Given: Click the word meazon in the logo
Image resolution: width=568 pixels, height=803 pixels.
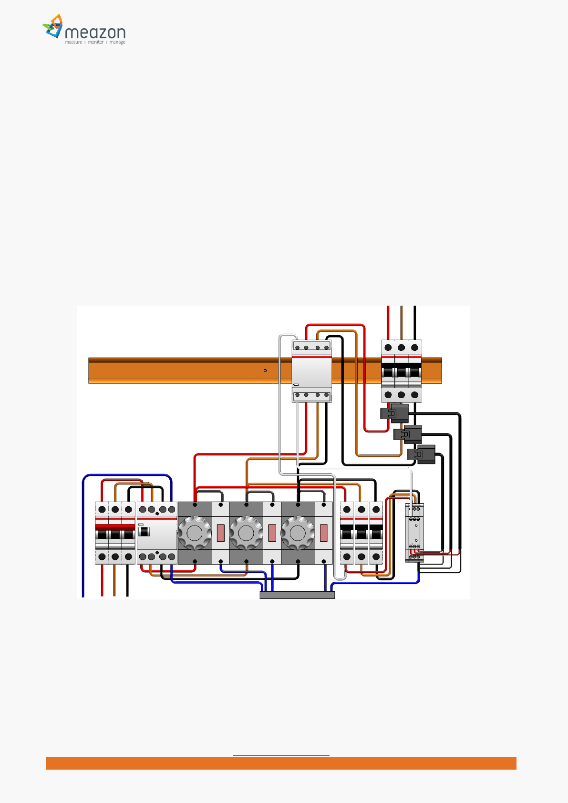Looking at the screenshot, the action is [95, 32].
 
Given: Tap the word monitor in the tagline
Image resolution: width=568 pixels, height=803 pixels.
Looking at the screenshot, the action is [96, 42].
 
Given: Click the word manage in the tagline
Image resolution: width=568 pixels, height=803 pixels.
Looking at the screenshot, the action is [117, 42].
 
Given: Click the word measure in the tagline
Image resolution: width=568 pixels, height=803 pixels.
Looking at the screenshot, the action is [73, 42].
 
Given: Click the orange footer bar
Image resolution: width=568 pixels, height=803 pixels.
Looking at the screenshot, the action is [281, 763].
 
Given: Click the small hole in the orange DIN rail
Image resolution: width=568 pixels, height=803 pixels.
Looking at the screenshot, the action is [265, 371].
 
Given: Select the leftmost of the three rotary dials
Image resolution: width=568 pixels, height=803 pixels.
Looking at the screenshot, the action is [195, 533].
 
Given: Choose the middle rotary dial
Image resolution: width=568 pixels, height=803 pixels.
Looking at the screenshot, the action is [246, 533].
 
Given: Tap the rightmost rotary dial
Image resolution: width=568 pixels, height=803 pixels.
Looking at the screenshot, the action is [298, 533].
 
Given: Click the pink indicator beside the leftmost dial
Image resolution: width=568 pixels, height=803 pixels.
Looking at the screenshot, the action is [221, 533].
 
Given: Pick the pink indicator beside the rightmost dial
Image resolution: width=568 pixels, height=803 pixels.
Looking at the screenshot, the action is [324, 533].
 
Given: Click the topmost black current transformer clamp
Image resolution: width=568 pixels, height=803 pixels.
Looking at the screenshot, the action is [395, 413].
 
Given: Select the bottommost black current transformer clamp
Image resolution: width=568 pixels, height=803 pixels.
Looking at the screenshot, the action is [422, 454].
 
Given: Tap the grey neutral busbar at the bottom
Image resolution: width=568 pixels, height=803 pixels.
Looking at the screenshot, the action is [297, 595].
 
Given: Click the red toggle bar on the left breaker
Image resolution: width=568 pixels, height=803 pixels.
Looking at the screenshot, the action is [115, 527].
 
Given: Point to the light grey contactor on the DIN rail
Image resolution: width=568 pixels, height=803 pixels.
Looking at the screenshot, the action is [311, 371].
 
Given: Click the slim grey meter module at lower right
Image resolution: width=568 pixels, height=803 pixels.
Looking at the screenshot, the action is [414, 532].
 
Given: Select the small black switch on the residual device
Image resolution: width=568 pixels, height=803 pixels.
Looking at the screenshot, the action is [144, 531].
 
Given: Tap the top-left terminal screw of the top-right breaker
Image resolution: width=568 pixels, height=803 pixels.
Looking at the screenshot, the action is [388, 348].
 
